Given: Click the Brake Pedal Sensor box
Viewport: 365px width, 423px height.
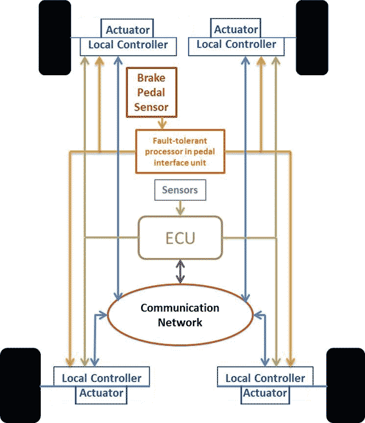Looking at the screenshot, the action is (x=151, y=92).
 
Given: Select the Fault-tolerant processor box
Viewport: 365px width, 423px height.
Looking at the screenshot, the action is (x=180, y=151).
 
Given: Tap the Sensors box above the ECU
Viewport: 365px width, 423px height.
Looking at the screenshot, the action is (x=180, y=190).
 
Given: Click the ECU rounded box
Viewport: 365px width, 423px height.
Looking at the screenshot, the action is (x=180, y=238).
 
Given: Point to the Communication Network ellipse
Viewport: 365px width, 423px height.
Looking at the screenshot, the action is (x=180, y=315).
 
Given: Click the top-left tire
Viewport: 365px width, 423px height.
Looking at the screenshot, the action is (x=55, y=38).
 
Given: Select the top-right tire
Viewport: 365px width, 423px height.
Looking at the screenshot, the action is (x=312, y=38).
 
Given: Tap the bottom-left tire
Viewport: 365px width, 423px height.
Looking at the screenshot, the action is (x=20, y=385).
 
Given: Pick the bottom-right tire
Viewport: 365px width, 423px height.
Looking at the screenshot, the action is (x=346, y=385).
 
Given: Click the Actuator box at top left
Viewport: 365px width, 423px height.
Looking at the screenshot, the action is (x=127, y=28).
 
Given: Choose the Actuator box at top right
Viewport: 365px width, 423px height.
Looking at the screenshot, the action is (x=235, y=28).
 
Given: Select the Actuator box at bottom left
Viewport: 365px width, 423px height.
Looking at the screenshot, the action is (x=101, y=395).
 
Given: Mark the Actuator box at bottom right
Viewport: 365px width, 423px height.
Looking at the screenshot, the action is (x=265, y=395).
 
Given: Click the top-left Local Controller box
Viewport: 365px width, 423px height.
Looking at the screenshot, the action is (x=128, y=46).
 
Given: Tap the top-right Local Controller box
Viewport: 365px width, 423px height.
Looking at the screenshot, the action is (x=236, y=46).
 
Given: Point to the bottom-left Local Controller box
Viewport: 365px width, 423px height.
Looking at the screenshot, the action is (x=102, y=377).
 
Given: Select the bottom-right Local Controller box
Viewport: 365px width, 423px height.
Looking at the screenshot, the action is (x=265, y=377).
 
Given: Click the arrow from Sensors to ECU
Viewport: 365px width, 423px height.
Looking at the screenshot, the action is (x=180, y=208).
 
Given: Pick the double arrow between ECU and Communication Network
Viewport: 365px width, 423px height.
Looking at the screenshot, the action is (x=180, y=272).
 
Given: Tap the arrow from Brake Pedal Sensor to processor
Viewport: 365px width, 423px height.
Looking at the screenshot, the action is (x=162, y=124).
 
